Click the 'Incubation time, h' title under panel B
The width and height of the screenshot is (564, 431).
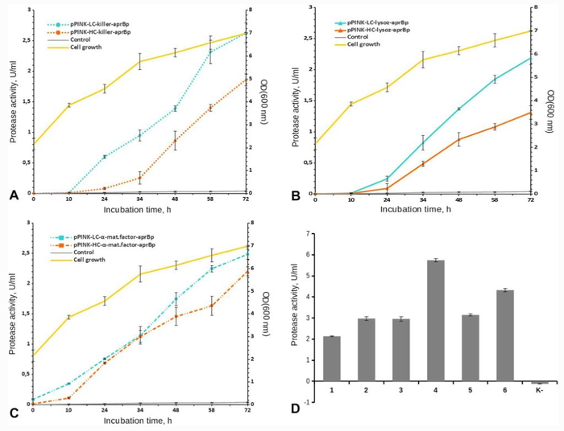[x=421, y=208]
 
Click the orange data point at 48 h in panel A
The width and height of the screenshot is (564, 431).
[x=175, y=141]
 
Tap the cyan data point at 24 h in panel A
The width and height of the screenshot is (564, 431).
[x=105, y=157]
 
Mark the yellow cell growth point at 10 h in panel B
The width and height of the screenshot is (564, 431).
[x=351, y=104]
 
